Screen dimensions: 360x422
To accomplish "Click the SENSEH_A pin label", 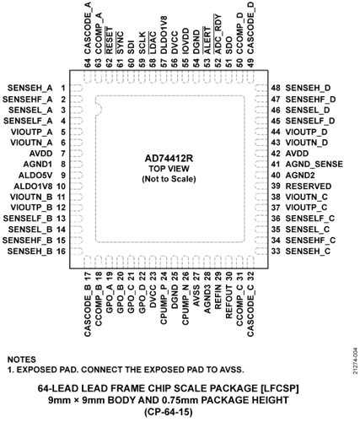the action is (x=30, y=88).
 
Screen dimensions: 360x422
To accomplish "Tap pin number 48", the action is (x=276, y=88).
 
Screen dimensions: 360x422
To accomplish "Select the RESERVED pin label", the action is (x=309, y=187).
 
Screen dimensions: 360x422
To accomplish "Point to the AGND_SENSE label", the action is (x=314, y=165).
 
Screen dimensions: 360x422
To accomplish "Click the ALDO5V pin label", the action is (x=35, y=176).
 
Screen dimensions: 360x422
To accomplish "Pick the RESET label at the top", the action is (x=109, y=41).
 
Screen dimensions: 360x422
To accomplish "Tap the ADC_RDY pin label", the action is (x=218, y=34).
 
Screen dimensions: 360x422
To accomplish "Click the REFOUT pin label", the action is (x=228, y=302).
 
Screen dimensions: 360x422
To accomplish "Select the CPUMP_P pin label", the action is (x=164, y=305).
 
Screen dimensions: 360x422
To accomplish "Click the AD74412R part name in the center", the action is (x=169, y=159).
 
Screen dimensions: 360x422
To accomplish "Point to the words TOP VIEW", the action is (x=169, y=169).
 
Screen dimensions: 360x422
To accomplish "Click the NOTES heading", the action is (x=22, y=360).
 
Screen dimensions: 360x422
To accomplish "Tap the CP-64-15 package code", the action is (x=169, y=412).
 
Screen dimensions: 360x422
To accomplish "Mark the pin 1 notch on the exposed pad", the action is (x=99, y=110).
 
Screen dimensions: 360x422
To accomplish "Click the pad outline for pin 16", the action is (x=77, y=251).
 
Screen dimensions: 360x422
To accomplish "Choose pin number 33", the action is (x=276, y=251).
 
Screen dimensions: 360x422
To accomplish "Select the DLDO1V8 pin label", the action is (x=164, y=35).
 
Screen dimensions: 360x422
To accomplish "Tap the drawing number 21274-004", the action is (x=355, y=360).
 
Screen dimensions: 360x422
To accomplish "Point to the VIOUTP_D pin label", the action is (x=307, y=132).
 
